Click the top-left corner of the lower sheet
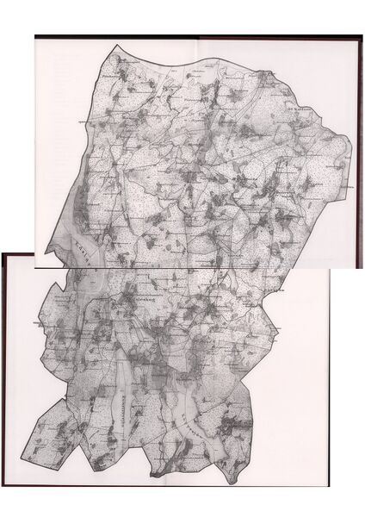click(x=2, y=253)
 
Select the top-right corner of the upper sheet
click(x=362, y=35)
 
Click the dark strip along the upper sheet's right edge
click(x=361, y=146)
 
